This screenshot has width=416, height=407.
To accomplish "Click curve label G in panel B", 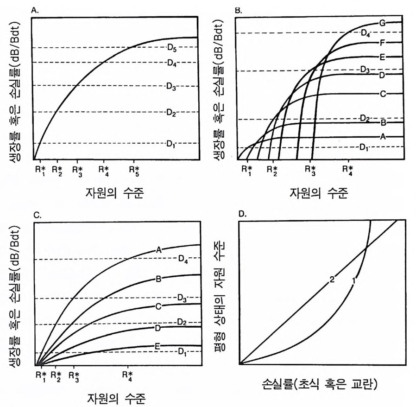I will (x=382, y=23).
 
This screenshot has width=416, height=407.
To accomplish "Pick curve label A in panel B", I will (x=383, y=137).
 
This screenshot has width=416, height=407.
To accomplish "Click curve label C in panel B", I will (x=383, y=94).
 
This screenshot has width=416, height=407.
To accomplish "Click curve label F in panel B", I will (x=383, y=42).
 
